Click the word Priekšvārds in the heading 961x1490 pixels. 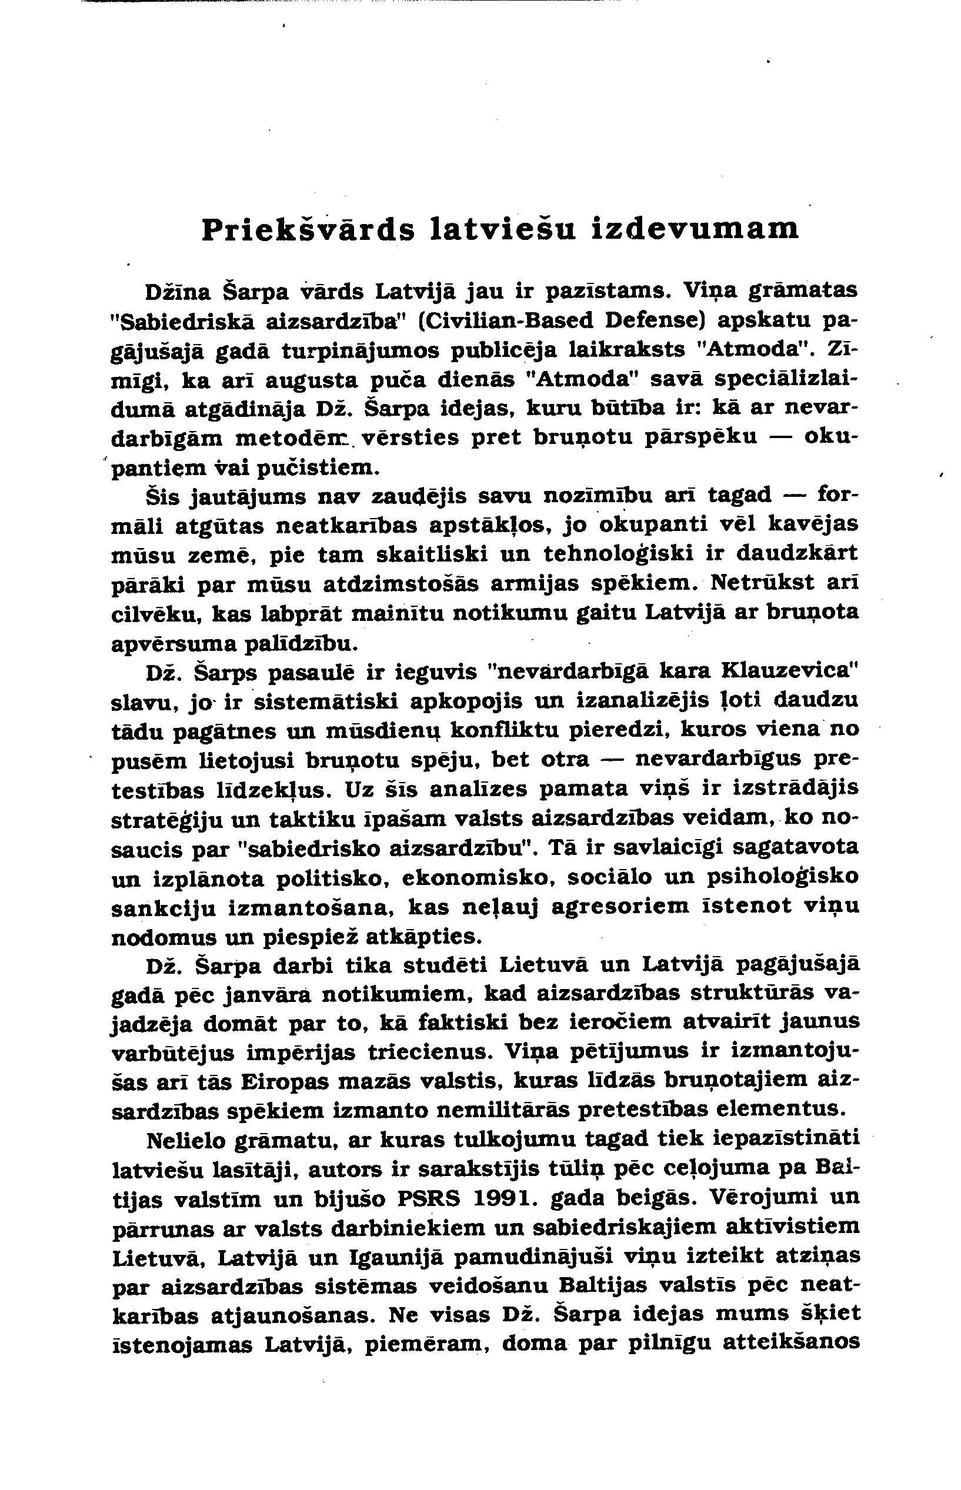click(x=308, y=229)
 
